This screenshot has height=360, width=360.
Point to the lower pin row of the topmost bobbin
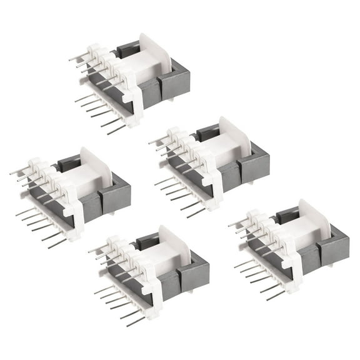point(100,112)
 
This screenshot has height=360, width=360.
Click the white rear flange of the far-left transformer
point(96,169)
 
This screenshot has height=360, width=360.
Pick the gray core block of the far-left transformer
point(116,197)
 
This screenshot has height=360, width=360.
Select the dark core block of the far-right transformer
point(335,250)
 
